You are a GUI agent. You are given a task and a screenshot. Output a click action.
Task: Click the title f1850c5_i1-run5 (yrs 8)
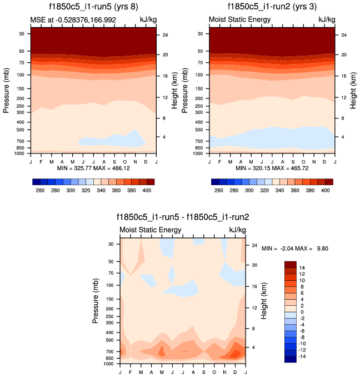tap(92, 8)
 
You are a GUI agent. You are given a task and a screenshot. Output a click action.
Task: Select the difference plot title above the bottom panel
tap(183, 217)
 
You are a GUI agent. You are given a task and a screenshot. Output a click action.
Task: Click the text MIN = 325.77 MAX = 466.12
tap(92, 167)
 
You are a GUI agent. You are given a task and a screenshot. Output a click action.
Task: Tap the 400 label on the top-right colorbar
tap(324, 190)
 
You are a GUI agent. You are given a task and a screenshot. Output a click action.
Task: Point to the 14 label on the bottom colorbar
tap(302, 267)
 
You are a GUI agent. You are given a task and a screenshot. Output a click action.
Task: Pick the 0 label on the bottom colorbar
tap(301, 311)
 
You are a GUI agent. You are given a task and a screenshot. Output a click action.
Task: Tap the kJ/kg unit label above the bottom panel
tap(237, 230)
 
